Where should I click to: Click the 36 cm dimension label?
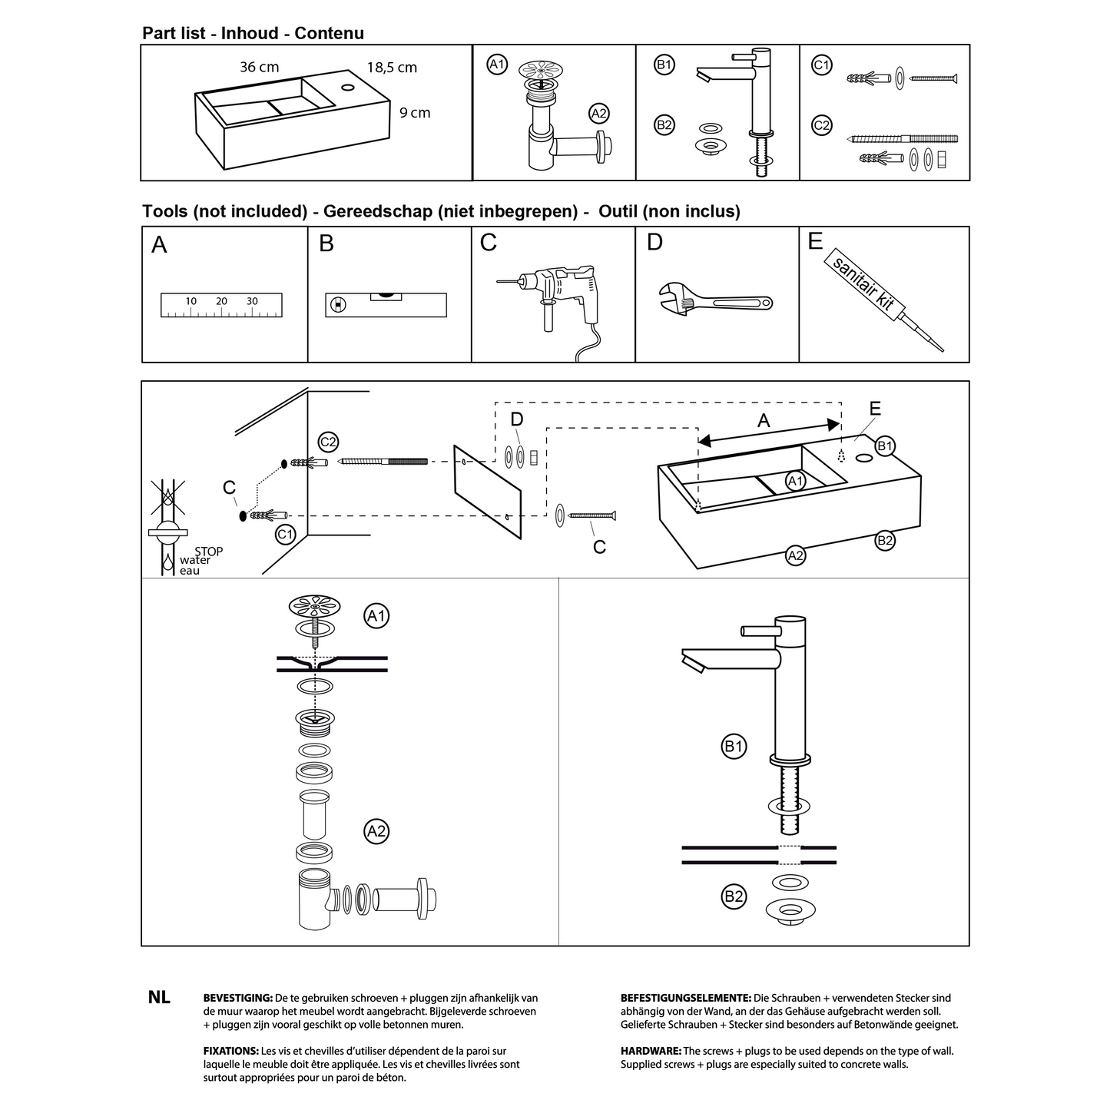click(259, 67)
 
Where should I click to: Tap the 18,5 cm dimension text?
click(392, 68)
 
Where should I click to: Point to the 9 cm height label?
click(415, 113)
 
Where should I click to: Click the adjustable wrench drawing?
click(715, 300)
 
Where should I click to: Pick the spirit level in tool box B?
click(386, 304)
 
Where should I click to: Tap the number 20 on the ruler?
click(221, 301)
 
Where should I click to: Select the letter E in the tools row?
click(815, 241)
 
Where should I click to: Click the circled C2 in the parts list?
click(822, 124)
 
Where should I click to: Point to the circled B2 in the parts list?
click(664, 124)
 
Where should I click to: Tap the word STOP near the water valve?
click(209, 551)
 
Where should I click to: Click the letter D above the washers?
click(517, 419)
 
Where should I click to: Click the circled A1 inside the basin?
click(796, 482)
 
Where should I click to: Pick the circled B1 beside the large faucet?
click(734, 746)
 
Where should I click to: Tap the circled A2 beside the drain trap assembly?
click(376, 831)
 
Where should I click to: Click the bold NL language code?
click(159, 998)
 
